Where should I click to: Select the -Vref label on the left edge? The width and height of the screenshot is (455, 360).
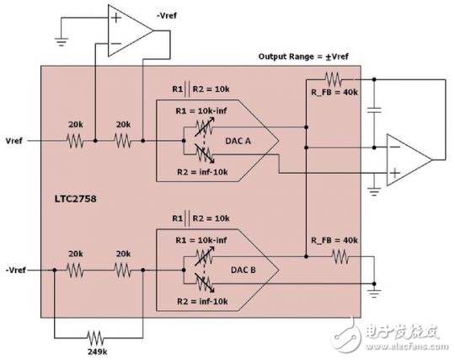pyautogui.click(x=16, y=270)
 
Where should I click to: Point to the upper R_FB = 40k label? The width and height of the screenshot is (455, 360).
pyautogui.click(x=335, y=91)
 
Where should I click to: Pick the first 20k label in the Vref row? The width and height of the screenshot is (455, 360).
pyautogui.click(x=73, y=124)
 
